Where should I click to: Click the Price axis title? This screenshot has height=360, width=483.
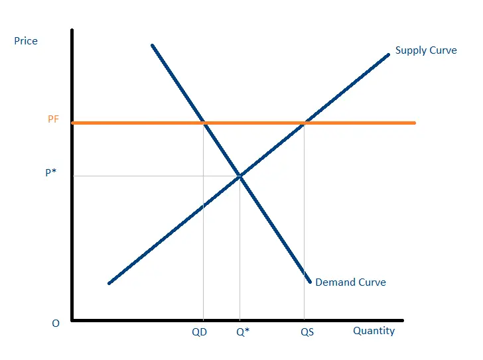(26, 41)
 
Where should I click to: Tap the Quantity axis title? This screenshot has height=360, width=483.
(374, 331)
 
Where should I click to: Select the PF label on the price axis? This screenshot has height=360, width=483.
(53, 119)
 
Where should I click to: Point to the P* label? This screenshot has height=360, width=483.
(50, 172)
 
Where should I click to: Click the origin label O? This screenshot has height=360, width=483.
(56, 323)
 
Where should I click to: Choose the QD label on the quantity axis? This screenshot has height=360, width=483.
(199, 332)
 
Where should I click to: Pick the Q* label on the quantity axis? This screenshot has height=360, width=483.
(243, 332)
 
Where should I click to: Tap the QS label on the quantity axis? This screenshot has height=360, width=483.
(307, 332)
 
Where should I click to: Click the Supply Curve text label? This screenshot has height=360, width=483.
(426, 50)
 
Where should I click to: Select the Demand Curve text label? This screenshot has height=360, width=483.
(350, 282)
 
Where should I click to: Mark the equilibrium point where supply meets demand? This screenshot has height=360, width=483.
(240, 176)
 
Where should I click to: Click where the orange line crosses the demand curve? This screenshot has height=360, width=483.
(204, 123)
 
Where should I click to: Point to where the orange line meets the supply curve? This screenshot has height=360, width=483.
(305, 123)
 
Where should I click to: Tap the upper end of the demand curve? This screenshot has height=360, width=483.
(153, 46)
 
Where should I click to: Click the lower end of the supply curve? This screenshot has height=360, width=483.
(109, 283)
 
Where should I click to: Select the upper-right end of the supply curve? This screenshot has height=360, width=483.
(389, 54)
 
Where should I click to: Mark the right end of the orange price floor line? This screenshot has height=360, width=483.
(415, 123)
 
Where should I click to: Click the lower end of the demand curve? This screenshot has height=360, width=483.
(310, 282)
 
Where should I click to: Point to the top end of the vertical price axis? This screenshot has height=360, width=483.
(72, 30)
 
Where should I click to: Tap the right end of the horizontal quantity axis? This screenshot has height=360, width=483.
(402, 321)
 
